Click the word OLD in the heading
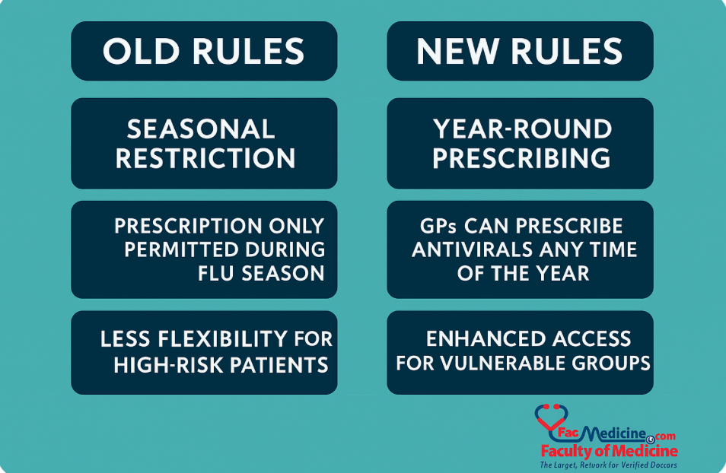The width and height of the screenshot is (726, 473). [x=141, y=51]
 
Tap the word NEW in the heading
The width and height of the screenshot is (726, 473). [x=458, y=51]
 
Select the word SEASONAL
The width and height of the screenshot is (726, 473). [x=201, y=129]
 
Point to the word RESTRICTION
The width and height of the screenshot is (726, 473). [x=205, y=158]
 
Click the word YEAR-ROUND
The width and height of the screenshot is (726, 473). [x=522, y=129]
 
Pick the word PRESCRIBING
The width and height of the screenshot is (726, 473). [x=521, y=158]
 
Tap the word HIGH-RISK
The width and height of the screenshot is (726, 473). [x=168, y=365]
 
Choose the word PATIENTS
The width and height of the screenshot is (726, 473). [x=279, y=365]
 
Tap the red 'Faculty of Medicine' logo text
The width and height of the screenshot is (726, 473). [x=610, y=450]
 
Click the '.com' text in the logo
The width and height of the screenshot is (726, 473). [x=663, y=436]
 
